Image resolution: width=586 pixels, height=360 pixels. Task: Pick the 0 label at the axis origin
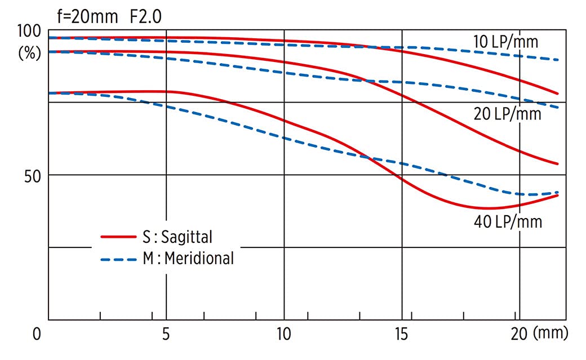click(x=37, y=334)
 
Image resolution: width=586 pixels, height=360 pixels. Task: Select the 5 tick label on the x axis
click(x=166, y=334)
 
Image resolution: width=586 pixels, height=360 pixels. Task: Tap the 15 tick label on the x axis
click(x=402, y=334)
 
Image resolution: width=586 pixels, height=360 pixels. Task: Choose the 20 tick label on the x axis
click(x=518, y=334)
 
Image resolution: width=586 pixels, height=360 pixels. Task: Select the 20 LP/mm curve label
click(x=508, y=114)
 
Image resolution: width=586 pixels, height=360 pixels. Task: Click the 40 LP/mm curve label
click(x=508, y=222)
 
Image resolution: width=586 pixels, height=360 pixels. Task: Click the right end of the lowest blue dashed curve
click(x=557, y=192)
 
